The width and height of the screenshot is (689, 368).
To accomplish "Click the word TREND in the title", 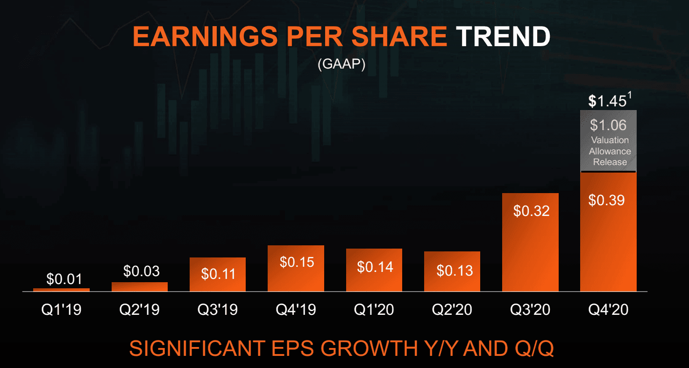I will click(503, 36).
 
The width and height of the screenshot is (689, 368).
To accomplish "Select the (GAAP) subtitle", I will click(341, 65).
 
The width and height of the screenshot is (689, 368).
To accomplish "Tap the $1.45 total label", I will click(606, 101).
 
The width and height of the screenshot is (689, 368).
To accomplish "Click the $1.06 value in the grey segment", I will click(608, 125).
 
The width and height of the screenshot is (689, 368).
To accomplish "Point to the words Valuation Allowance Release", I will click(610, 151).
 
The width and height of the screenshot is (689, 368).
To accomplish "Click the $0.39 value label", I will click(606, 200).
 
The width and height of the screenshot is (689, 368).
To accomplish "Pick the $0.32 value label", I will click(531, 211).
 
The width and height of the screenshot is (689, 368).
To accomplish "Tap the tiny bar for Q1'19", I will click(61, 290).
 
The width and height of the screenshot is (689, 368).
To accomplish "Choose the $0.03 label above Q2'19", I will click(142, 271).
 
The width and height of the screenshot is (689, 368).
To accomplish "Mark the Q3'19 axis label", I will click(218, 309).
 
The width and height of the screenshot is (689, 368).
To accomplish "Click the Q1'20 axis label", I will click(374, 309).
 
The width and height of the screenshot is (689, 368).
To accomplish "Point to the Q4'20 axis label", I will click(609, 309).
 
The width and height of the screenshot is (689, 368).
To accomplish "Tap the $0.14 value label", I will click(375, 267).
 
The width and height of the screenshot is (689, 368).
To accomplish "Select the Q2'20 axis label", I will click(452, 309).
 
